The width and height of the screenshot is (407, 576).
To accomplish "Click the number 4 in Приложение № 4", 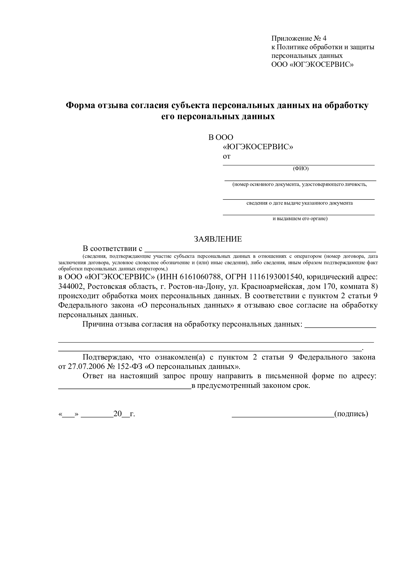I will coord(325,39).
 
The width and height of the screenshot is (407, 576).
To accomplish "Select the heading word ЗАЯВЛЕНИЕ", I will coord(218,239).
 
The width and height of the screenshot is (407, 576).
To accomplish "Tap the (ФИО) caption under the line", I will coord(300,169).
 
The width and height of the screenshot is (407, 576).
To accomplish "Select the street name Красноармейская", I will coord(274,286).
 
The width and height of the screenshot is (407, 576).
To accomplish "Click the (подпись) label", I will coord(351,414).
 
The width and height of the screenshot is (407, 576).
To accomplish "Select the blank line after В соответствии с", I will coord(260,251).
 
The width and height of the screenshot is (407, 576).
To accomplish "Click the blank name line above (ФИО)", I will coord(298,164).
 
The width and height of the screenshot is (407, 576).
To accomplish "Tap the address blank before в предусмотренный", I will coord(125,388).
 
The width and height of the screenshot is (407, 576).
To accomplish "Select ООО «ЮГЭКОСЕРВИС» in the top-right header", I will coord(313,65).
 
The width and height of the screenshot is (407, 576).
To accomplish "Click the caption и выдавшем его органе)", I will coord(300,218).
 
